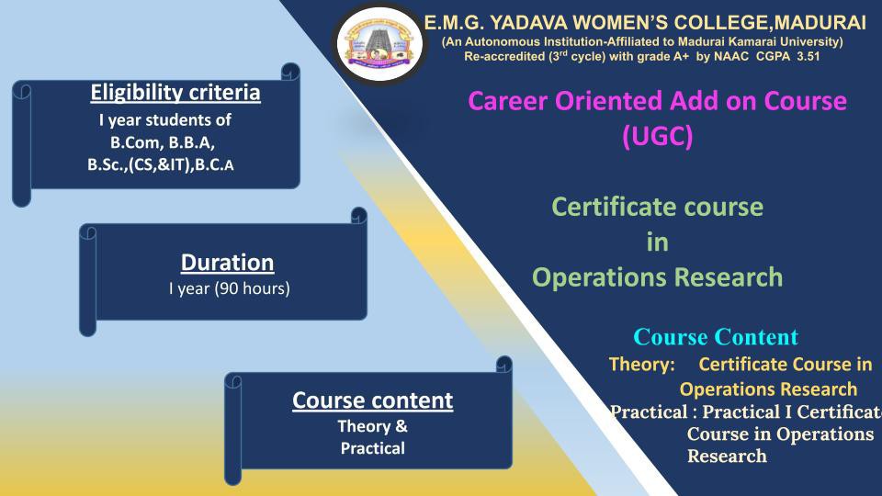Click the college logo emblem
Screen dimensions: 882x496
coord(379,43)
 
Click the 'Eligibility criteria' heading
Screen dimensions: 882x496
coord(175,93)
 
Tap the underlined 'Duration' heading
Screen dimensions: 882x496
coord(227,263)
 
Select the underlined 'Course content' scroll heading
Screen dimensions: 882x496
coord(372,400)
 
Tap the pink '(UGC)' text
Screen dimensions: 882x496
coord(658,136)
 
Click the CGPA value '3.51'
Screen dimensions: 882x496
coord(808,56)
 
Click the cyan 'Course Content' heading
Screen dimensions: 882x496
coord(716,337)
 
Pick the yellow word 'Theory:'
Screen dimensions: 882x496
coord(642,365)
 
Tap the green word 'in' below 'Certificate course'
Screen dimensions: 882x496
coord(658,242)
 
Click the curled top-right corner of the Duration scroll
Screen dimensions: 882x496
coord(359,215)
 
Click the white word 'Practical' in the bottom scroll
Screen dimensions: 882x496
coord(372,448)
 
